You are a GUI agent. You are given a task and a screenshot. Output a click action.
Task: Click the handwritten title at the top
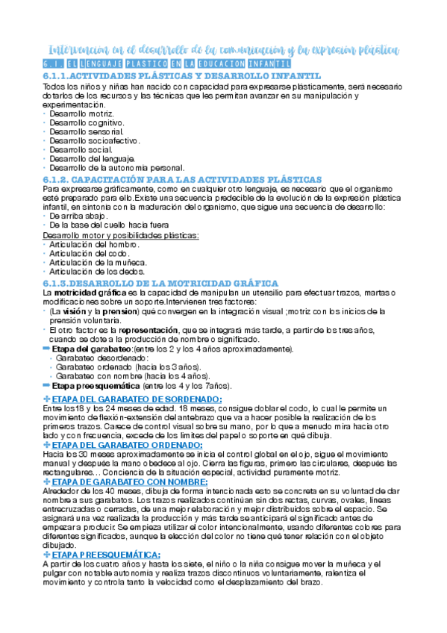click(222, 51)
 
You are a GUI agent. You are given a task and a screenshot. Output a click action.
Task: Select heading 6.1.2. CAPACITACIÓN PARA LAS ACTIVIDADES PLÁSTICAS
click(182, 179)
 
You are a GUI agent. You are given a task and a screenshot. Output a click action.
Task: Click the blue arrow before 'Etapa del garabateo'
click(46, 349)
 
